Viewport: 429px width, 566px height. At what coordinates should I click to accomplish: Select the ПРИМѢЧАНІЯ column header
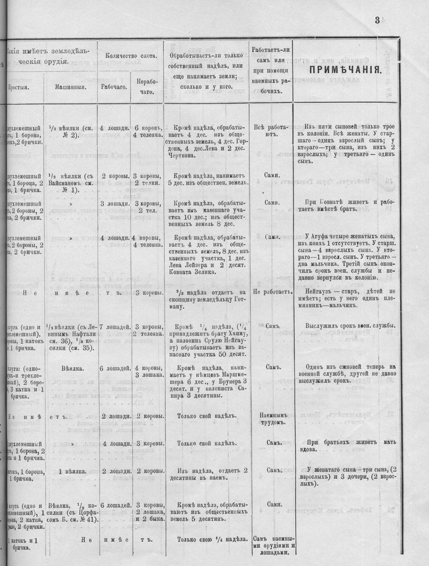point(344,71)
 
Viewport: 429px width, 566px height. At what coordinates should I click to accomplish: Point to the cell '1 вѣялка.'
point(71,471)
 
